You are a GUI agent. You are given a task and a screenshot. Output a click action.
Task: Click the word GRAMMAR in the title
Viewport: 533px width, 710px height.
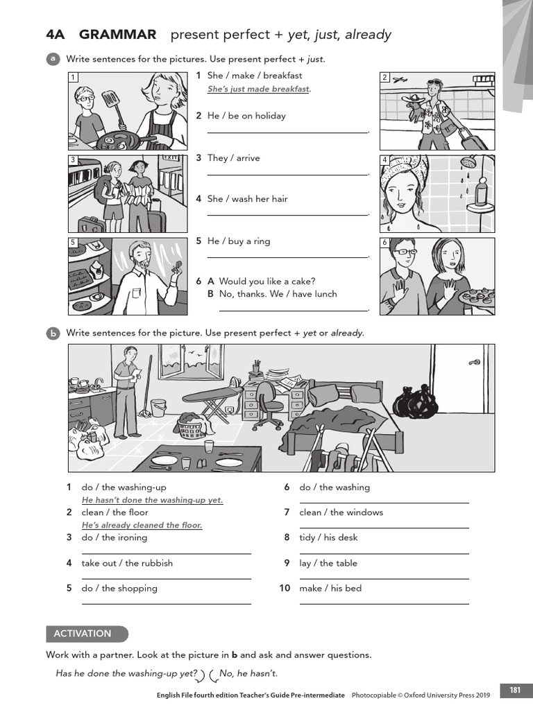pos(117,35)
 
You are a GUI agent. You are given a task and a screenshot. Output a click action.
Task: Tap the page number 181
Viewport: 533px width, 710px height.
pos(515,690)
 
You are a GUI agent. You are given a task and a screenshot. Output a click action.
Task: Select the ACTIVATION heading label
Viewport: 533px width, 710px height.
pos(83,633)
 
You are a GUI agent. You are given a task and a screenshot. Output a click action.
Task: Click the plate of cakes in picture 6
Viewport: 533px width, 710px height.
pos(478,296)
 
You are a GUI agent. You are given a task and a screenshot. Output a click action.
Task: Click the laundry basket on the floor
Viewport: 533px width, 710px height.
pos(192,427)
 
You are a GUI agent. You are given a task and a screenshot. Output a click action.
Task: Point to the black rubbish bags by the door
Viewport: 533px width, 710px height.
pos(415,401)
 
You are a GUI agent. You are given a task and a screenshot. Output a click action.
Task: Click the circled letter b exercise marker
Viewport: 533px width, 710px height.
pos(53,334)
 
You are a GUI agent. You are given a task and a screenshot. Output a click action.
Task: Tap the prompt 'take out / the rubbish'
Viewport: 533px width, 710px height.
pos(127,563)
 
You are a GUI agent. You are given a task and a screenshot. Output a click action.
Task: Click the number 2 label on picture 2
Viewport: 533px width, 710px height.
pos(385,78)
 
